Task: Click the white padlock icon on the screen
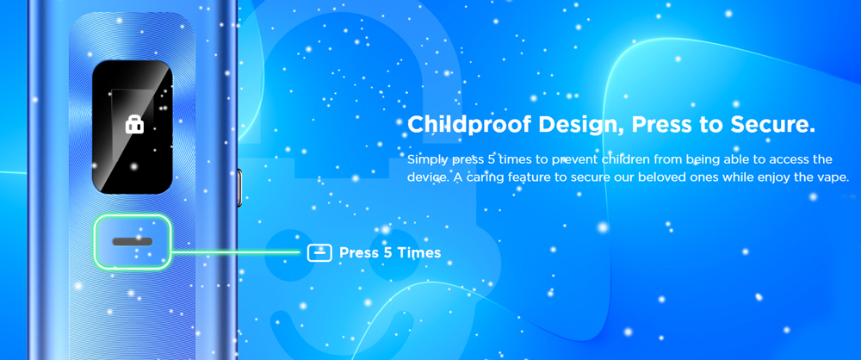click(134, 125)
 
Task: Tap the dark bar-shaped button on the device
click(133, 242)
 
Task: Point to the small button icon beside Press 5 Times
click(319, 253)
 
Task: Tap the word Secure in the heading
click(772, 125)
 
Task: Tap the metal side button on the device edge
click(239, 188)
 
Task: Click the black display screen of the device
click(133, 127)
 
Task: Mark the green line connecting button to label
click(235, 253)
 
